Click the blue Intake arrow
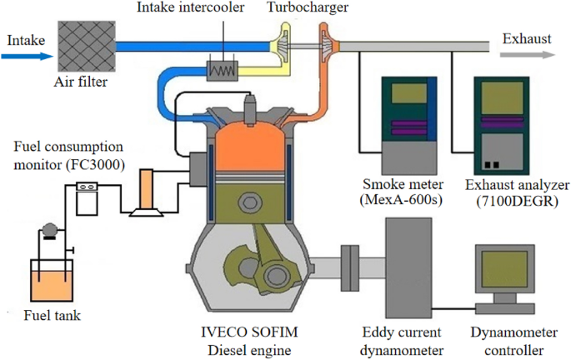25,57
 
